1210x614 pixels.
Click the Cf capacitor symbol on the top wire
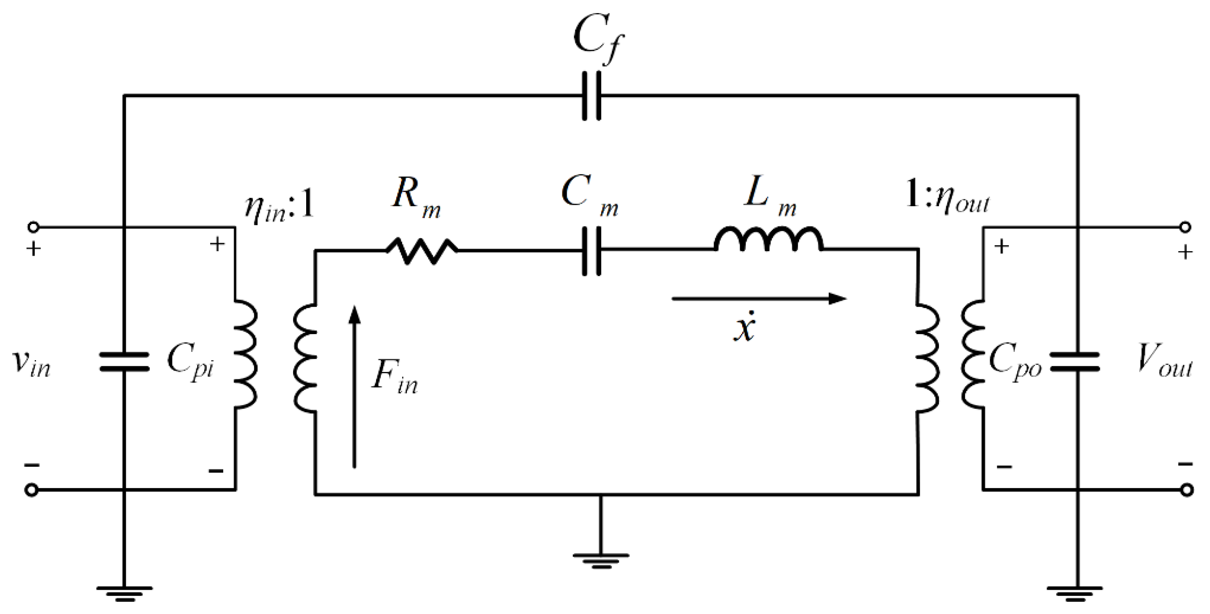pos(592,96)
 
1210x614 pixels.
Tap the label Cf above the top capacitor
pos(598,40)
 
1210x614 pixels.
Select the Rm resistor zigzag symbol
pos(421,251)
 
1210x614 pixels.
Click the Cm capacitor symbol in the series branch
pos(592,251)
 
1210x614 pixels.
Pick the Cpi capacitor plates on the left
pos(124,362)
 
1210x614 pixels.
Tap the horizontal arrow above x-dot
pos(759,299)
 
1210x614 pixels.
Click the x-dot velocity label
pos(744,327)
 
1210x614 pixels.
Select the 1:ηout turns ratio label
pos(946,197)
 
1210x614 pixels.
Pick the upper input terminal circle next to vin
pos(33,227)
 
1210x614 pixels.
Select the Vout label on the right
pos(1164,361)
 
